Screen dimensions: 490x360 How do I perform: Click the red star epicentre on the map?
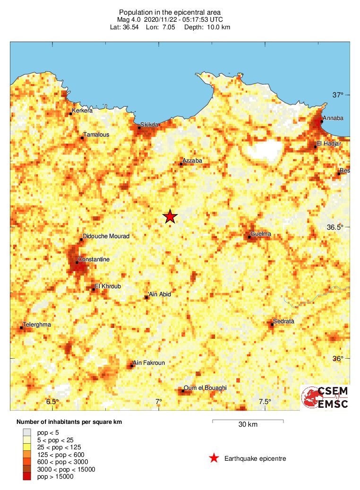click(170, 216)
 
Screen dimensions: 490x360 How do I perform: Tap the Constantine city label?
click(94, 259)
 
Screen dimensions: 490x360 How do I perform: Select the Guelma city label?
click(261, 233)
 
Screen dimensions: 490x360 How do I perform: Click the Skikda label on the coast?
click(149, 124)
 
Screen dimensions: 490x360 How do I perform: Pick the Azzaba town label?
click(192, 161)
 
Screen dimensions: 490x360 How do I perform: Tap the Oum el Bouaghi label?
click(206, 387)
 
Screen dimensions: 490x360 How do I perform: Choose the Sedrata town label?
click(284, 321)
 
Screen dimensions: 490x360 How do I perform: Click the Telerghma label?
click(37, 325)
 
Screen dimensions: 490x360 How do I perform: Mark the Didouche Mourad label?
click(106, 236)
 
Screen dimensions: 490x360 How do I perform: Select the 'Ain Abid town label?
click(160, 294)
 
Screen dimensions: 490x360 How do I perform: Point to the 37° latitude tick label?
click(337, 95)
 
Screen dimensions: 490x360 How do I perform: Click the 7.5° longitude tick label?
click(265, 402)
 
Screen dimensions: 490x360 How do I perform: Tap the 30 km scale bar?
click(248, 420)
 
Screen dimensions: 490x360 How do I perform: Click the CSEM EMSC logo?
click(326, 397)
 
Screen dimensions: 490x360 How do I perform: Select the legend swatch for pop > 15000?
click(27, 477)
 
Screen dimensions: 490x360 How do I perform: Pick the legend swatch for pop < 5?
click(27, 431)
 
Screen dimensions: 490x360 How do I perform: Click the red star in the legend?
click(214, 458)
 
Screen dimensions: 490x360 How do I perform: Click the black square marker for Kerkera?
click(71, 113)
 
